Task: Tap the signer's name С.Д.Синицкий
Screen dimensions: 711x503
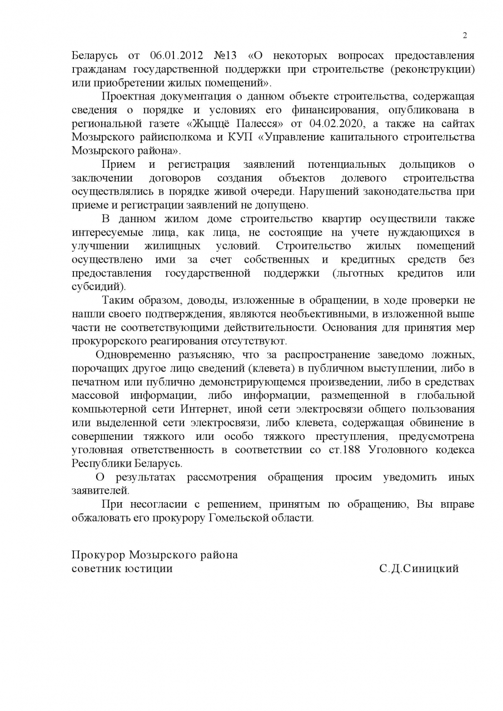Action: coord(419,569)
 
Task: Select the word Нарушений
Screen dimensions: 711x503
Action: coord(338,192)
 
